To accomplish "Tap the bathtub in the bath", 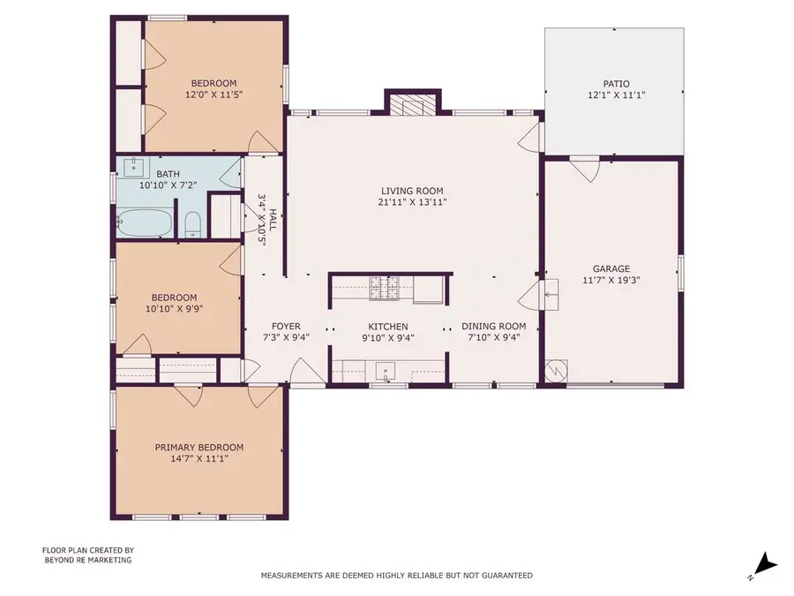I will [x=145, y=223].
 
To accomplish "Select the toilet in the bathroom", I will [x=193, y=224].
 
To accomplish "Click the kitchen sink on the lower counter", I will [x=386, y=370].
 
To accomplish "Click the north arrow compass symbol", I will [x=767, y=562].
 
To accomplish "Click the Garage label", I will [x=610, y=269].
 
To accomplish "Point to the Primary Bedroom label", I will [x=198, y=448].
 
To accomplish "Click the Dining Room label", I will [x=494, y=327].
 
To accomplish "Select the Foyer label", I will [x=286, y=327].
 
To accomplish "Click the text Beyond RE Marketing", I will [x=87, y=560].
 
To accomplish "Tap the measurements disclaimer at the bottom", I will [x=396, y=576].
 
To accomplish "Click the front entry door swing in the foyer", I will [x=301, y=371].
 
